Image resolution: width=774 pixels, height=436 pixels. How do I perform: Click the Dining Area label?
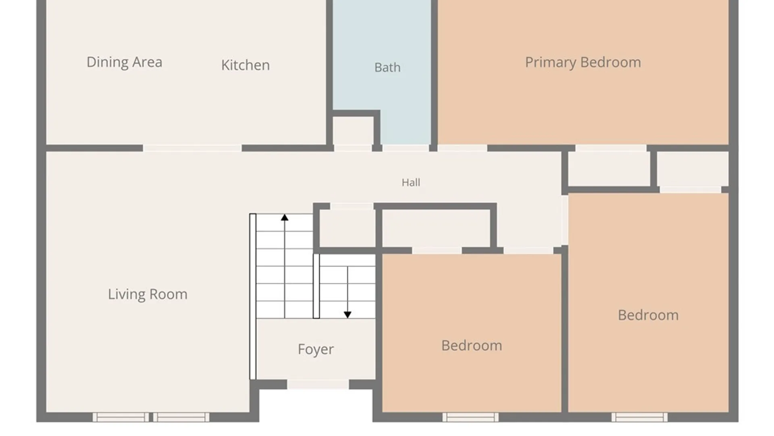click(x=125, y=62)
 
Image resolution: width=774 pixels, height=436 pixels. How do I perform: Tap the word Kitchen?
click(x=246, y=65)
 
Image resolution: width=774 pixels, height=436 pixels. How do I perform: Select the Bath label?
click(x=387, y=67)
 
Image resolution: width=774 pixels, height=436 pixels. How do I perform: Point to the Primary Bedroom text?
click(x=583, y=63)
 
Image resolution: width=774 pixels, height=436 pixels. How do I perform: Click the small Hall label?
click(x=411, y=182)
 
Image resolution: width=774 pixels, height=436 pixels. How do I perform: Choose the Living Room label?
click(x=148, y=294)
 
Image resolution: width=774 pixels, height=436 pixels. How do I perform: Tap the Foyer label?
click(x=316, y=349)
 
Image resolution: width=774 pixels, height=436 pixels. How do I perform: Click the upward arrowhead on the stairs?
click(x=285, y=218)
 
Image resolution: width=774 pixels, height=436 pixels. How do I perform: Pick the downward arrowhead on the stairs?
click(x=347, y=314)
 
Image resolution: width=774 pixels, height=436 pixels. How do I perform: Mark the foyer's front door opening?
click(x=318, y=384)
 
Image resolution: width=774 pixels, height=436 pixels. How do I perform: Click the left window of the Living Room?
click(x=121, y=417)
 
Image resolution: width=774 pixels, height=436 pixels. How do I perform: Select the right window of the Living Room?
click(x=181, y=417)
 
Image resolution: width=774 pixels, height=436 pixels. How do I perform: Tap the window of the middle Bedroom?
click(x=470, y=417)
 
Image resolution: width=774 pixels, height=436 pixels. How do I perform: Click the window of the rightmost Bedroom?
click(x=639, y=417)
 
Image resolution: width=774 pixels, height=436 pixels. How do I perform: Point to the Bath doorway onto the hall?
click(x=406, y=148)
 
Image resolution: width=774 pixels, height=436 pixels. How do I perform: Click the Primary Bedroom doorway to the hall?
click(x=462, y=148)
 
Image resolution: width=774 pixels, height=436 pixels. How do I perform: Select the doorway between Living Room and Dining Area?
click(x=192, y=148)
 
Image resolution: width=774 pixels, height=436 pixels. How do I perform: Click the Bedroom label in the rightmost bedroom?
click(x=648, y=315)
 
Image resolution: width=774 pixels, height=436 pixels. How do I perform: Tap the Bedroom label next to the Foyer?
click(x=472, y=346)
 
